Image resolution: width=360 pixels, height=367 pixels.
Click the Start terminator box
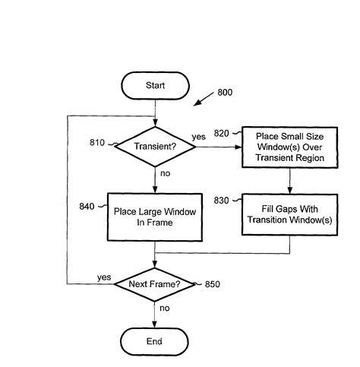pyautogui.click(x=154, y=85)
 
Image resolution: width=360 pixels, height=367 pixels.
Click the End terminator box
pyautogui.click(x=154, y=341)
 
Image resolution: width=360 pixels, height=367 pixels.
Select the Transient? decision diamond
pyautogui.click(x=154, y=146)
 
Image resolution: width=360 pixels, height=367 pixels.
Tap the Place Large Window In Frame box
pyautogui.click(x=154, y=217)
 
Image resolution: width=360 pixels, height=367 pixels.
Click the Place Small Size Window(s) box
pyautogui.click(x=289, y=147)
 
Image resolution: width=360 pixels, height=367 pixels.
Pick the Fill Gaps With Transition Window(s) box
pyautogui.click(x=289, y=215)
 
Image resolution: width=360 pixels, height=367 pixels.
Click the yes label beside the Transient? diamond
pyautogui.click(x=198, y=137)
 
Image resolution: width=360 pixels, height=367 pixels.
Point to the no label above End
pyautogui.click(x=164, y=308)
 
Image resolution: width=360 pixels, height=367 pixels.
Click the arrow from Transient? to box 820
pyautogui.click(x=218, y=146)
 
